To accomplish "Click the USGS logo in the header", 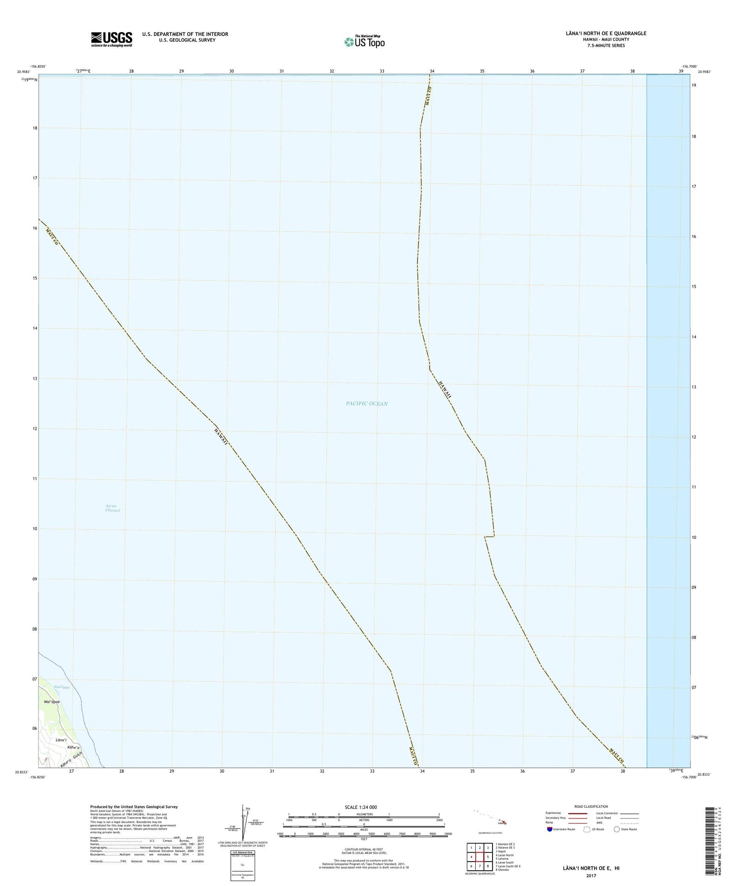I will coord(111,39).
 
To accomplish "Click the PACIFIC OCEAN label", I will coord(367,403).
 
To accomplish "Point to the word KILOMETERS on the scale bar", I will coord(364,814).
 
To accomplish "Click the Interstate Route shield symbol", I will coord(550,829).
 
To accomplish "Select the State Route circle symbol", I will coord(616,829).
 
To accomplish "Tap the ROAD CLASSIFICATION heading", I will coord(591,806).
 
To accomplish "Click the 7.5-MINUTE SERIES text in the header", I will coord(603,46).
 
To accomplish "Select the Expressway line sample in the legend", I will coord(577,813).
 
